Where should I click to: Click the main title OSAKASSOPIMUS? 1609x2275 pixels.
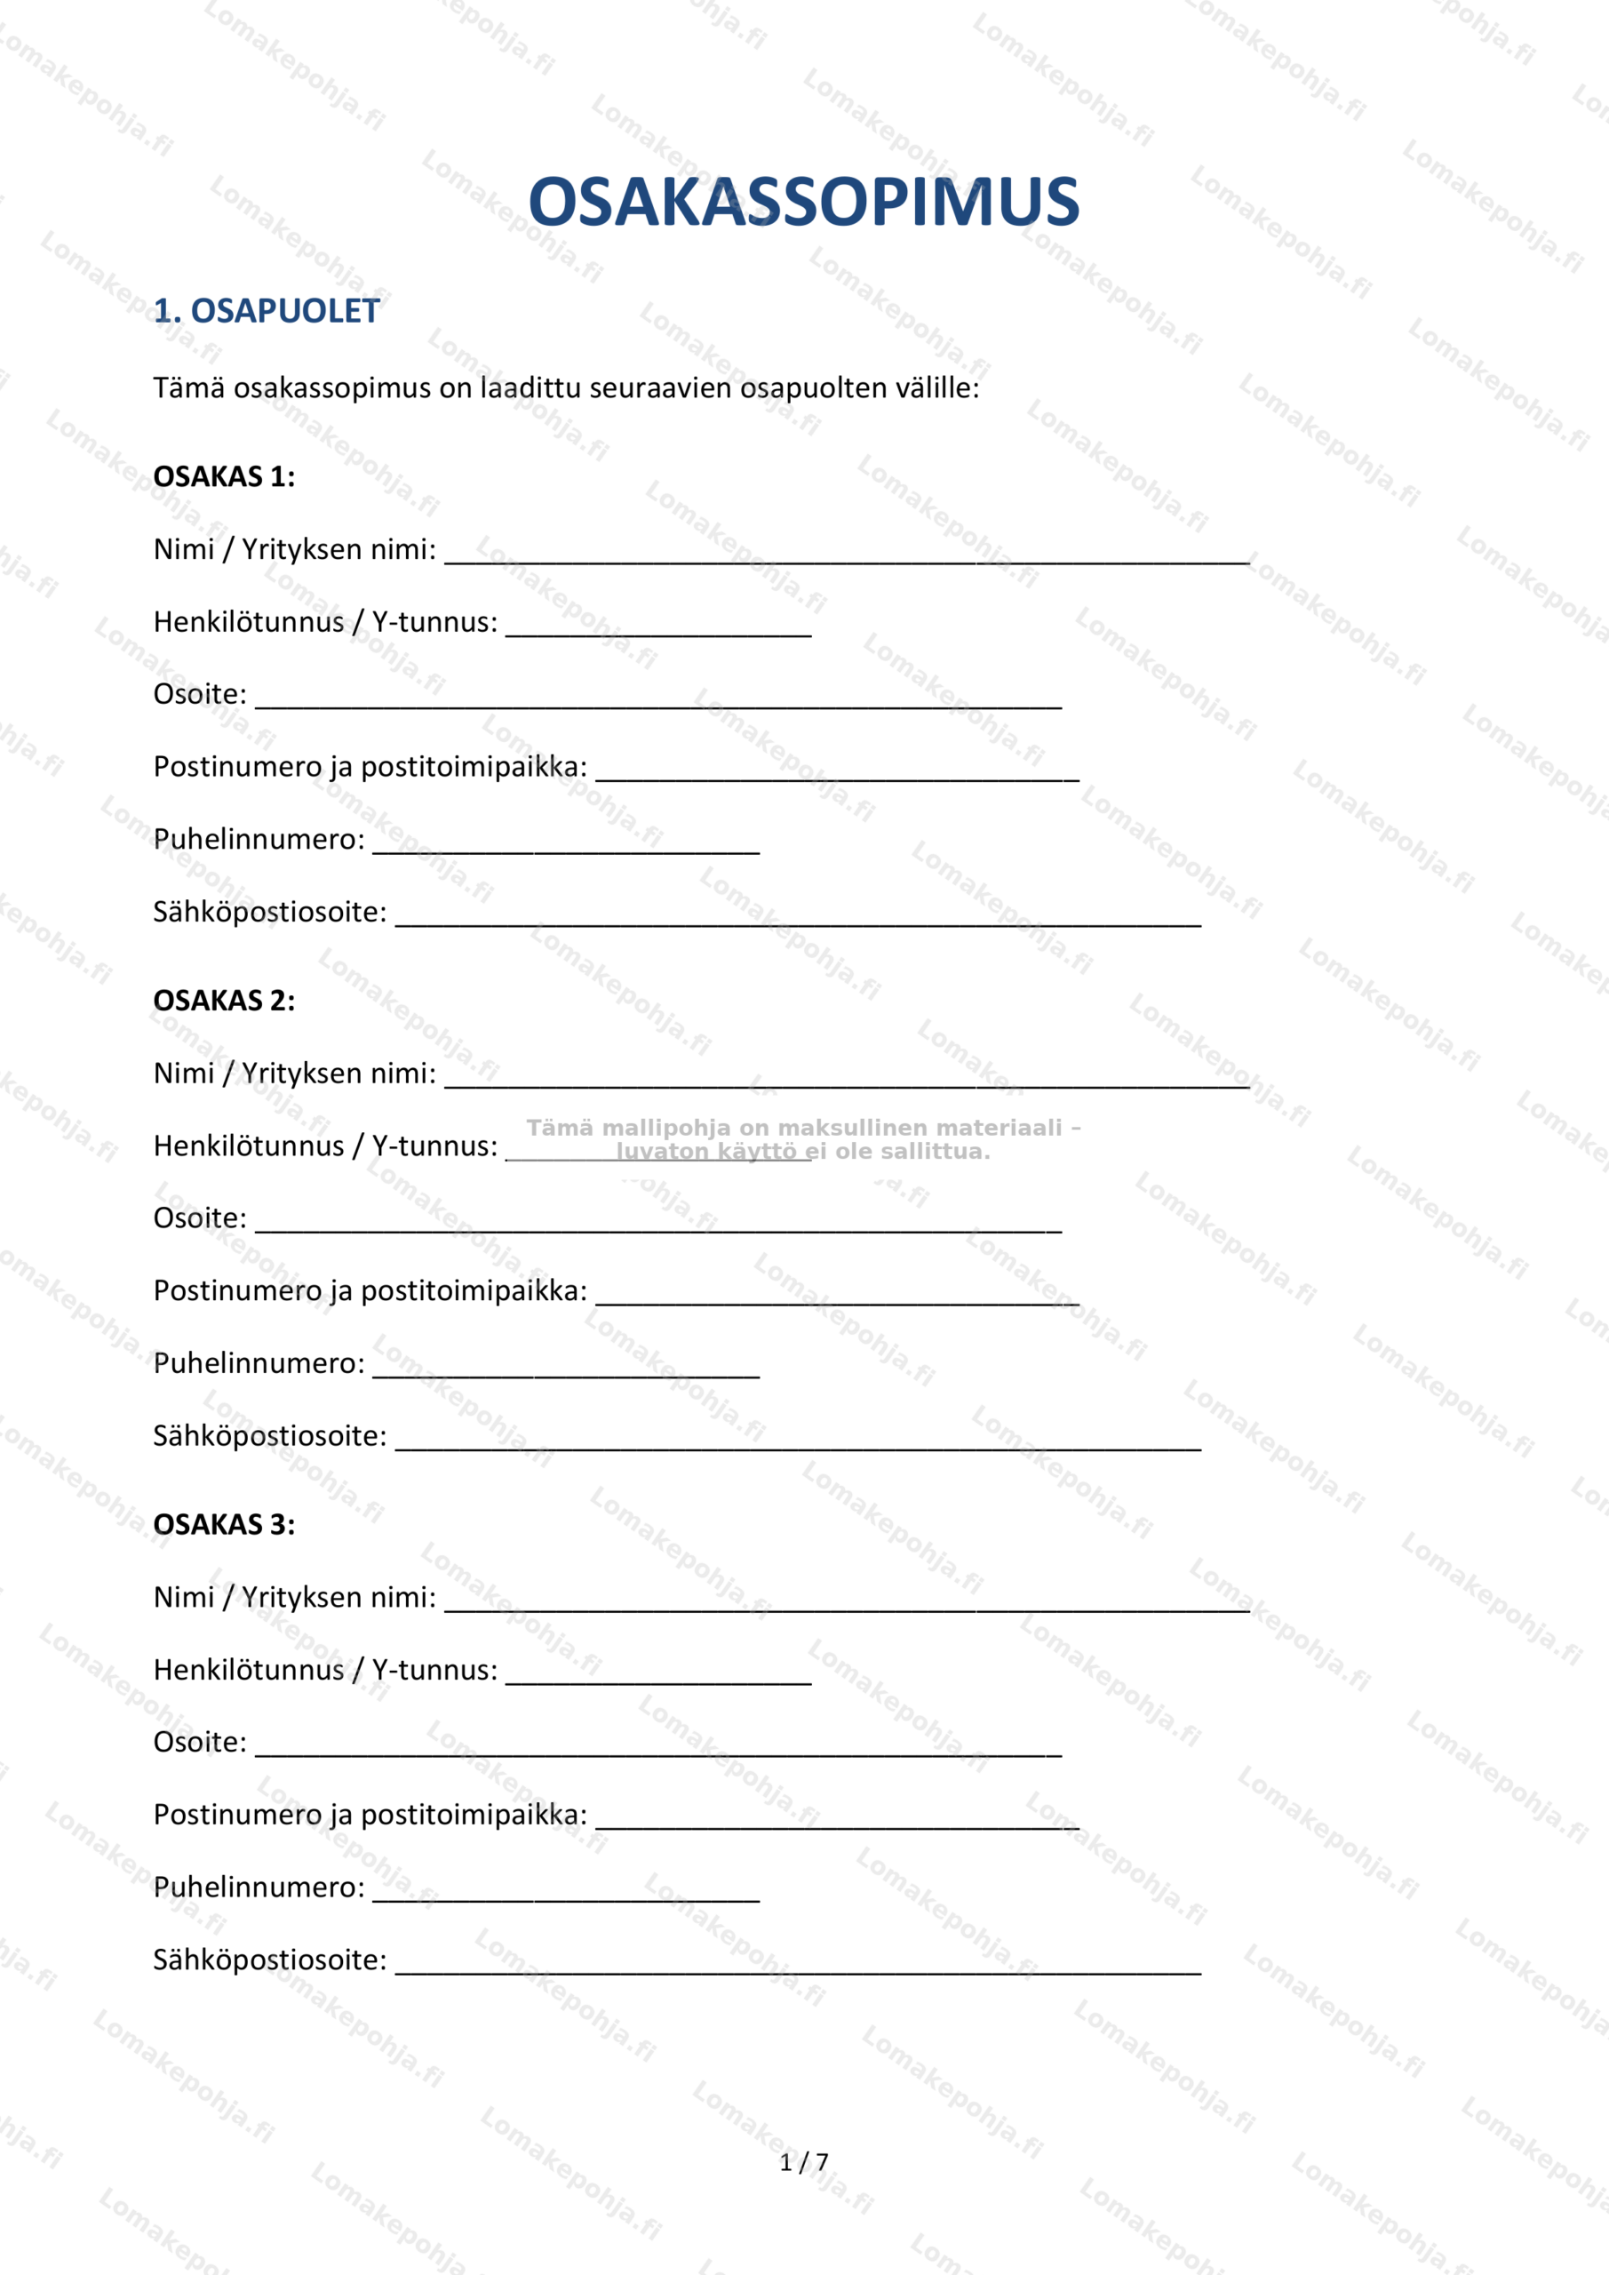[803, 202]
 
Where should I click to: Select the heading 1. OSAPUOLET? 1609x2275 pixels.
[267, 311]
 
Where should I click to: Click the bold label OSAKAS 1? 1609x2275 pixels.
[224, 476]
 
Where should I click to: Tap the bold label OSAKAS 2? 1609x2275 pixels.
[224, 1001]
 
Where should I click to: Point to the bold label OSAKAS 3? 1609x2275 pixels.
[224, 1524]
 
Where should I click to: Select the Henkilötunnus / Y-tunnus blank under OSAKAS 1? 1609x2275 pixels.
[659, 628]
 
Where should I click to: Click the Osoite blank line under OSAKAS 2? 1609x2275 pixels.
[659, 1224]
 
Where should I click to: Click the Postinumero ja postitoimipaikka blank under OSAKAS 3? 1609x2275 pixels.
[837, 1820]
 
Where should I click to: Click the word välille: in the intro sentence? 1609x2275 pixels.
[937, 388]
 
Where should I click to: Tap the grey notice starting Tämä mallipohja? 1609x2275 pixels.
[803, 1138]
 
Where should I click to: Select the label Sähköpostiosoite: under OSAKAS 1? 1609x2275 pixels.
[269, 912]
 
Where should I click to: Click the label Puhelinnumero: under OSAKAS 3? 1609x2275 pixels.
[259, 1887]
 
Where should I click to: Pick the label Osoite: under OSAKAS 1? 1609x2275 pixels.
[200, 693]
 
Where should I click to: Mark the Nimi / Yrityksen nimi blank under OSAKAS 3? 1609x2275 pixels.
[847, 1603]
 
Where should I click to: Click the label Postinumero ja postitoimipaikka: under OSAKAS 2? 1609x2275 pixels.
[370, 1290]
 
